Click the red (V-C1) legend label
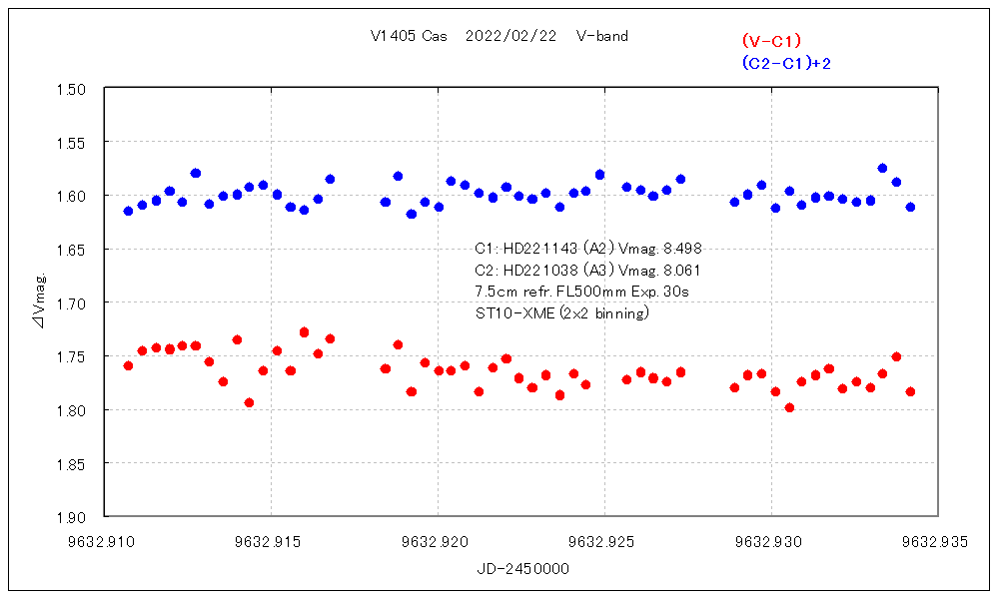point(771,41)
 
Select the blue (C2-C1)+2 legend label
point(786,63)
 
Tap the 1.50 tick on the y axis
point(75,89)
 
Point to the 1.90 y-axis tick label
point(75,517)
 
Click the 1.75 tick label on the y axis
point(75,356)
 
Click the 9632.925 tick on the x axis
point(604,543)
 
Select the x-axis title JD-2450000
point(523,568)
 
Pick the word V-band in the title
point(602,37)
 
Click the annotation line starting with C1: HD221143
point(594,249)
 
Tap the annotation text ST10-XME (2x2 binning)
point(563,312)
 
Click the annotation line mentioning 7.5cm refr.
point(582,292)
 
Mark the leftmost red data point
point(128,365)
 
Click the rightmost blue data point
point(910,207)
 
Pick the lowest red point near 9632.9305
point(789,407)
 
